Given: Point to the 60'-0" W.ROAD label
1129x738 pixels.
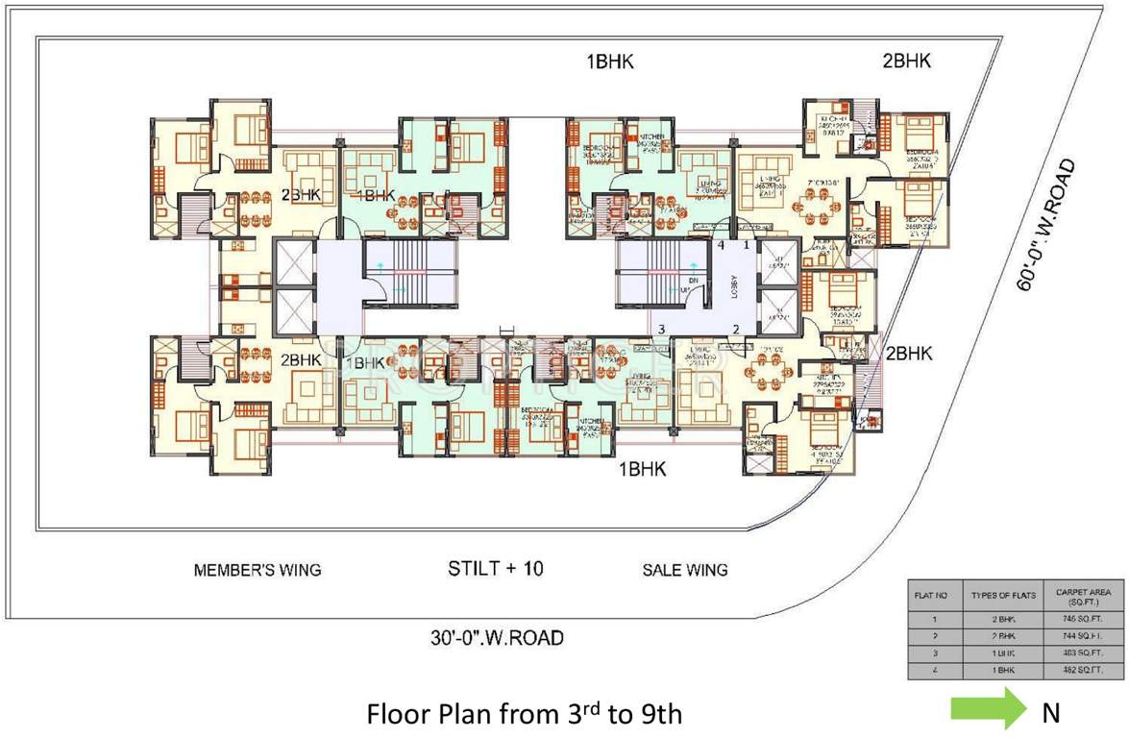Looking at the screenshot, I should tap(1047, 222).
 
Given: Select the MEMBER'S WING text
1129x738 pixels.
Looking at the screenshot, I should tap(258, 570).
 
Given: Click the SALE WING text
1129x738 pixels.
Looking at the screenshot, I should tap(684, 570).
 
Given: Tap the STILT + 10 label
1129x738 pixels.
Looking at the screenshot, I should tap(496, 568).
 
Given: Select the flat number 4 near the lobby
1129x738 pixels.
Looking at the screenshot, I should tap(720, 246).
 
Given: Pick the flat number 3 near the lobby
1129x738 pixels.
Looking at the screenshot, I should tap(661, 330).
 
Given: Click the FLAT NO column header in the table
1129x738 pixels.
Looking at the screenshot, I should tap(930, 596).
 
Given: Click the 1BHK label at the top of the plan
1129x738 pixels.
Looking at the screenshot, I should tap(610, 62).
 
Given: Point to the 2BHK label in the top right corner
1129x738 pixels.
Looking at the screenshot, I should tap(907, 61).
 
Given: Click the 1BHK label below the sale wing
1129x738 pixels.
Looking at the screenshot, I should tap(643, 469).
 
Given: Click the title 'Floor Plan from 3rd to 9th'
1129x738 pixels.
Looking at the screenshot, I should tap(525, 714).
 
